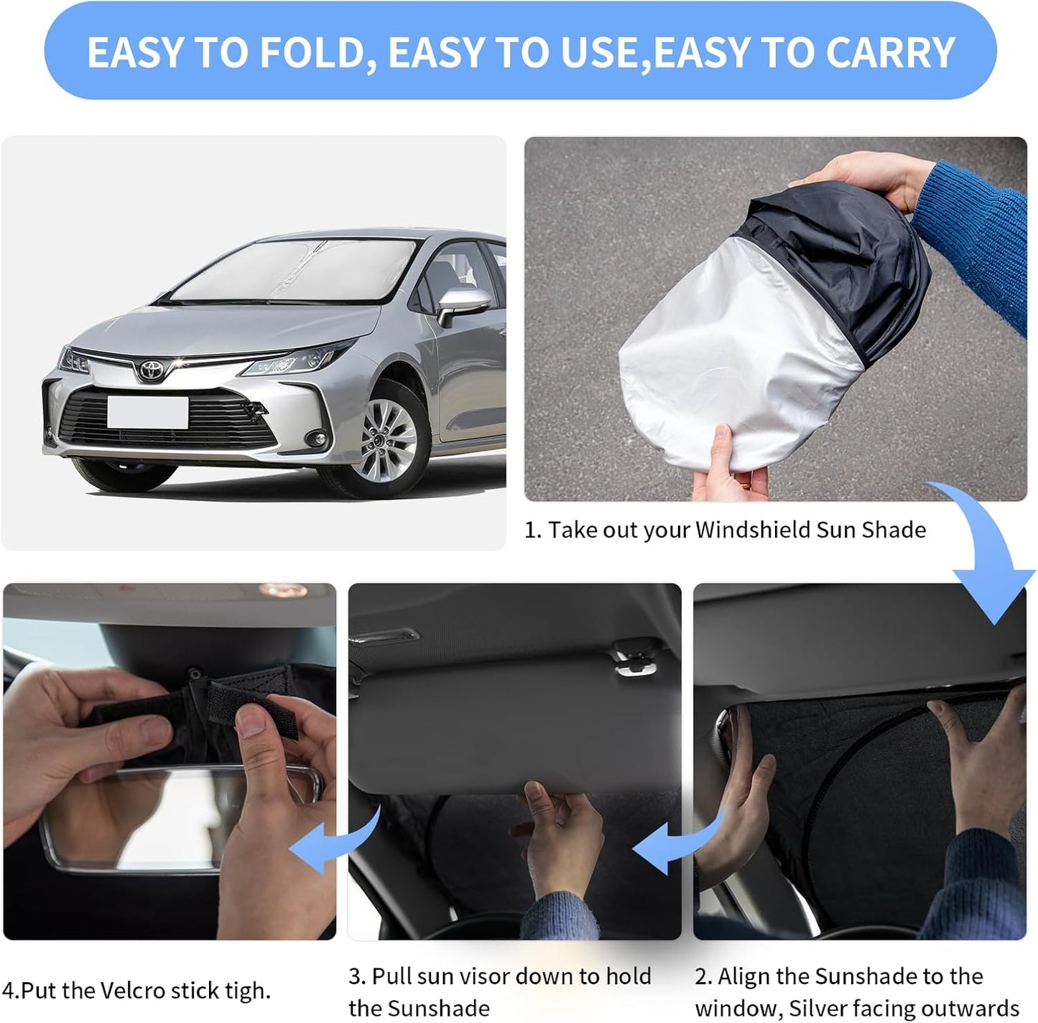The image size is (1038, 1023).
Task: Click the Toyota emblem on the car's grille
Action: pos(152,369)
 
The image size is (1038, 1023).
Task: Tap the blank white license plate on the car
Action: pos(147,412)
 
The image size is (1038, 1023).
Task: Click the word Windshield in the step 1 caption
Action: pos(752,530)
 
